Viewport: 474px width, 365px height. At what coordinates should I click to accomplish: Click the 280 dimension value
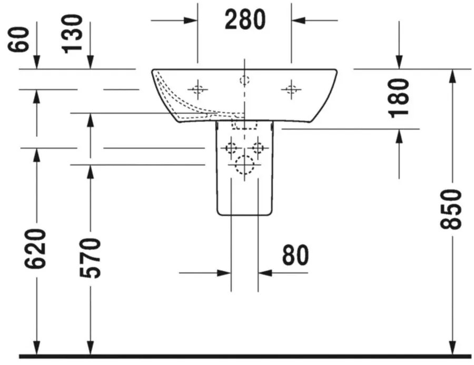pyautogui.click(x=245, y=19)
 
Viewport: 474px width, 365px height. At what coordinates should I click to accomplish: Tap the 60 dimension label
pyautogui.click(x=19, y=40)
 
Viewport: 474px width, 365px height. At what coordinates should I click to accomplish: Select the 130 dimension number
pyautogui.click(x=72, y=34)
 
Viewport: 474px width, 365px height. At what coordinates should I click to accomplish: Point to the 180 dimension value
pyautogui.click(x=399, y=98)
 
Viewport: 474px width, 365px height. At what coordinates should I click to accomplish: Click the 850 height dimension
pyautogui.click(x=450, y=209)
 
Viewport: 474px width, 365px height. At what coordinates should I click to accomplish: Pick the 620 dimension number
pyautogui.click(x=35, y=249)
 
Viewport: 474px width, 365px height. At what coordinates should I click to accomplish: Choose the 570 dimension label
pyautogui.click(x=90, y=258)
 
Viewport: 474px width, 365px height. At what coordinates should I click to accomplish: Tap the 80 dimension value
pyautogui.click(x=295, y=255)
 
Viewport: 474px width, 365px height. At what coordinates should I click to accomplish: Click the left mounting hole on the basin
pyautogui.click(x=197, y=90)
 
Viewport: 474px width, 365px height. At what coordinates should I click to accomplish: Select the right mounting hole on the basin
pyautogui.click(x=291, y=90)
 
